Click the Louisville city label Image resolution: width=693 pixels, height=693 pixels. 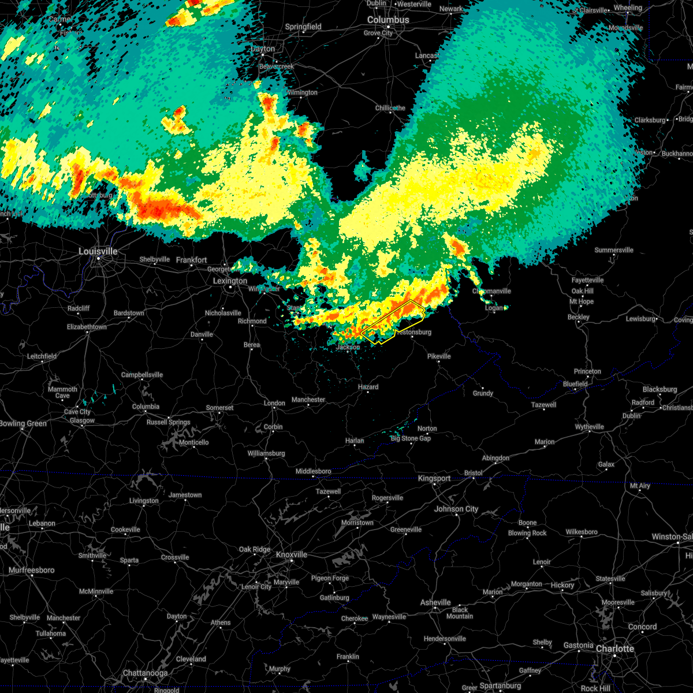[98, 251]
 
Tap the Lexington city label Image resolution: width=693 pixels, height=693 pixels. [230, 281]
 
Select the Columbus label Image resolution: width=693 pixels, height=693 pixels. [389, 20]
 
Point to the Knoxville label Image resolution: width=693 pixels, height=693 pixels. [291, 554]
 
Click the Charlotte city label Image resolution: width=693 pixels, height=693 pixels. [615, 649]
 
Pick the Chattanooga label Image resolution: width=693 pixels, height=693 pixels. [145, 673]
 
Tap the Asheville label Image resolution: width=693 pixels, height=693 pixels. [435, 602]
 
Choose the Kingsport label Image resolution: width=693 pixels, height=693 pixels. [434, 478]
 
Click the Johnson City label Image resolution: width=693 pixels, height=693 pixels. [456, 509]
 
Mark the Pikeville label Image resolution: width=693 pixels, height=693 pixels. [439, 356]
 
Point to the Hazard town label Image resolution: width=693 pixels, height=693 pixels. [368, 387]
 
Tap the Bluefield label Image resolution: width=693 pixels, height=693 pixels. [575, 384]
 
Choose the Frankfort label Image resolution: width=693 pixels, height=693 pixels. [192, 260]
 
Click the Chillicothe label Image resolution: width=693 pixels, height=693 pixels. [390, 108]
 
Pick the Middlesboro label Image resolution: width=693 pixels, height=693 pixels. [314, 471]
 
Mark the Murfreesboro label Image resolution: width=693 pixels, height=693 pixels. [32, 570]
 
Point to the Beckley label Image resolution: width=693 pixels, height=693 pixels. [579, 317]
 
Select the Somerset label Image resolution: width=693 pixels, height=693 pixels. [220, 408]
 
